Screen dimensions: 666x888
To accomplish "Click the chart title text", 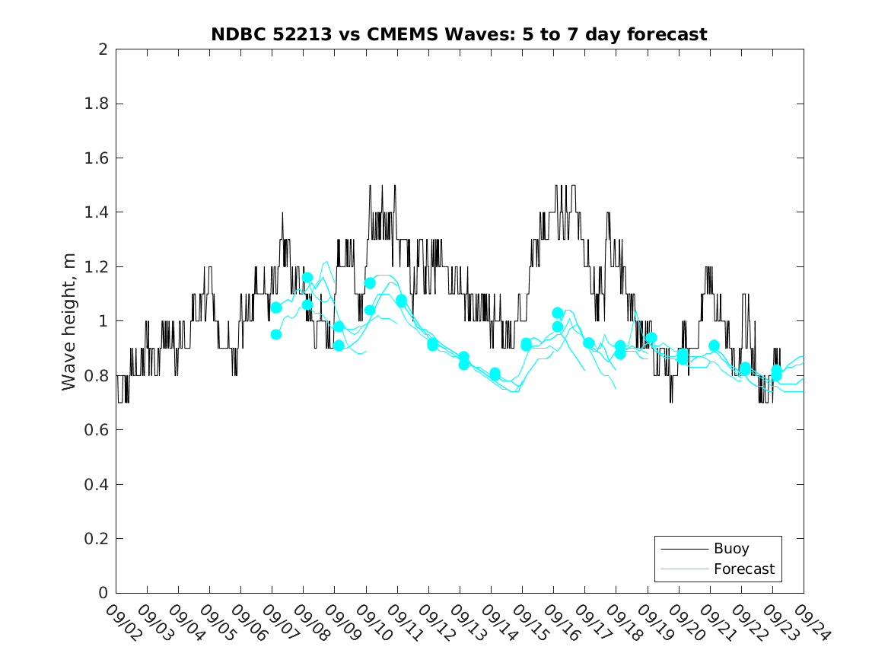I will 459,34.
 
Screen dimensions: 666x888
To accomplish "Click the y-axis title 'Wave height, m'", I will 69,321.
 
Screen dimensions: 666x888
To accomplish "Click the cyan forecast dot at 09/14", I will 495,374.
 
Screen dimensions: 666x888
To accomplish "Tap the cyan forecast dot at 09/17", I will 588,343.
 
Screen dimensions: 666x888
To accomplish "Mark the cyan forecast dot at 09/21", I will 714,346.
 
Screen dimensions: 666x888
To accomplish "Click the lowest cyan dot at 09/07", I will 276,334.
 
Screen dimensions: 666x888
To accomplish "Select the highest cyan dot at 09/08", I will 307,278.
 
